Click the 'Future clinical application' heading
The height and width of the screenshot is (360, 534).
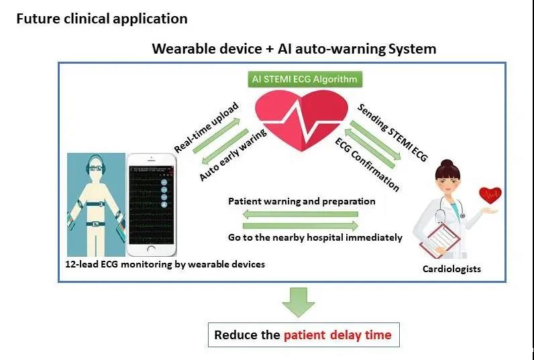pos(101,19)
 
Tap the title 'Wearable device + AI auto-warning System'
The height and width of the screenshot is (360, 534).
pos(294,49)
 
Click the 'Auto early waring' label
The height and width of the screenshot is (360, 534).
pos(233,154)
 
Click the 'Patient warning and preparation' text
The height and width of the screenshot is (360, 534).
pos(301,201)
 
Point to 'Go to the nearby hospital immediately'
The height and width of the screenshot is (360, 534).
pos(315,237)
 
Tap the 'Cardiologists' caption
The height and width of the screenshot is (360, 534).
pos(451,269)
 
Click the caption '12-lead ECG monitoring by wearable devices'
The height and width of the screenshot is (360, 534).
pos(164,264)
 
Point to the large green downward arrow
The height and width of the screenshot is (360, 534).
pos(297,301)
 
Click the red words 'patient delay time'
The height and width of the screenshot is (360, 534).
pos(337,335)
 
